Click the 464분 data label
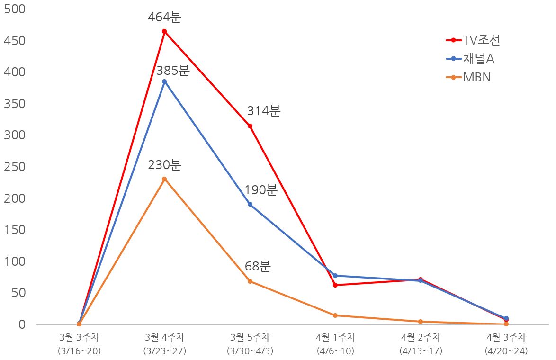164,18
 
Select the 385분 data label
173,71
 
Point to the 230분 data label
164,165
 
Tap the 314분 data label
264,111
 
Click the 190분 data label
260,190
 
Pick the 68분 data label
258,266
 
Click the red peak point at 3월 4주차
164,32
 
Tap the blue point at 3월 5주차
250,205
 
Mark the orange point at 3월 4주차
164,179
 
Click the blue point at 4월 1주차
335,276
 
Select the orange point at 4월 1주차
335,315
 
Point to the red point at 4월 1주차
335,285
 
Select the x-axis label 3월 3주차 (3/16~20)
79,344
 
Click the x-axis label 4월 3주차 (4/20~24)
506,344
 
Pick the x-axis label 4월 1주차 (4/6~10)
335,344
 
